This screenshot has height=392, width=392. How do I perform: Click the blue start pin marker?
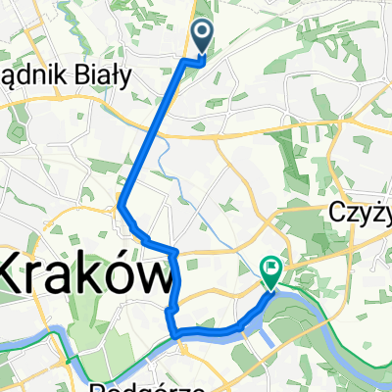[x=203, y=36]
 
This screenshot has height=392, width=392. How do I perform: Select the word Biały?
[x=122, y=80]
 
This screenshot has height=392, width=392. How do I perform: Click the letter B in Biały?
[x=103, y=80]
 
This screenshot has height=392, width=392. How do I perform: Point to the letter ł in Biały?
[x=130, y=80]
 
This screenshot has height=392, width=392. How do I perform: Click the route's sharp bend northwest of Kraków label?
[x=121, y=206]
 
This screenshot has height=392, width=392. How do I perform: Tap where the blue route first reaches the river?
[x=176, y=336]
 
